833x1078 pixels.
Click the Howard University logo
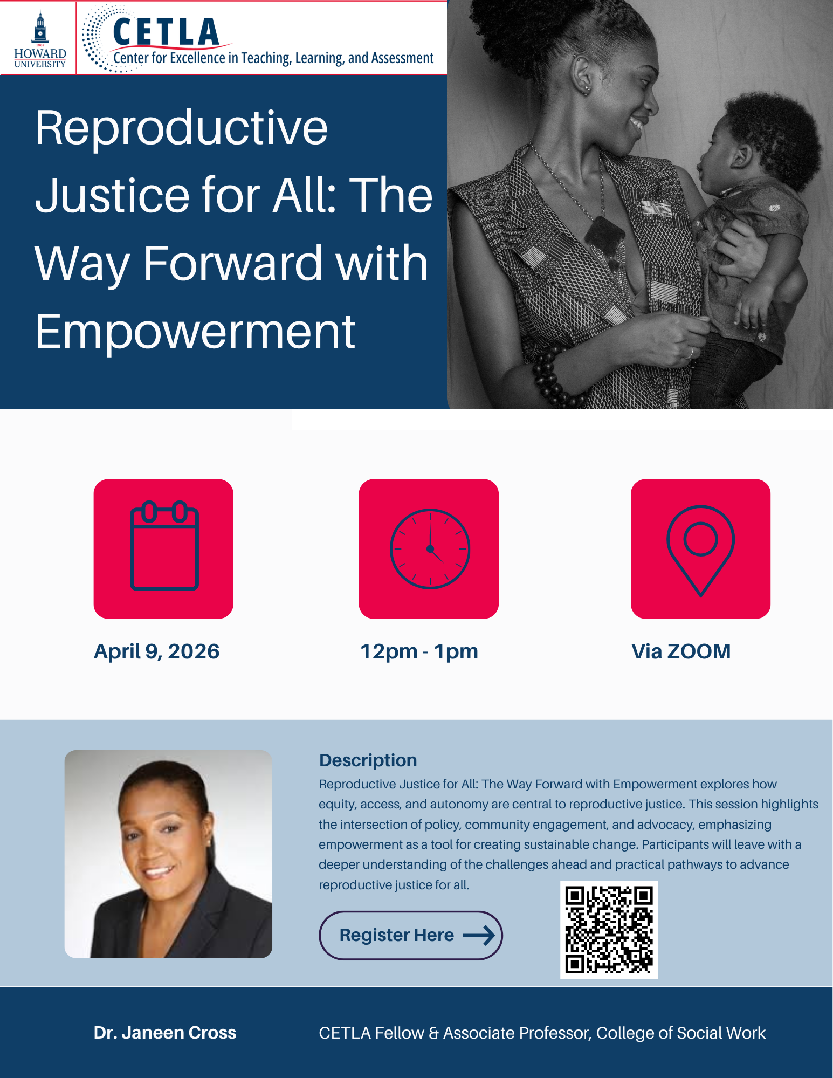point(40,39)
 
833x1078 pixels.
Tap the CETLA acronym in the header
point(166,32)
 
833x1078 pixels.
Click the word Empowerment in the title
point(195,331)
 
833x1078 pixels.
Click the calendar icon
point(164,546)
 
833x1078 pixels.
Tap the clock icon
point(430,548)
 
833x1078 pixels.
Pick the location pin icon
point(700,551)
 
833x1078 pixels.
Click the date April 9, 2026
point(157,651)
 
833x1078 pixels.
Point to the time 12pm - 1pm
point(419,651)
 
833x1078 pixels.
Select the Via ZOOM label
point(681,651)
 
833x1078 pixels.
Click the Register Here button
point(411,935)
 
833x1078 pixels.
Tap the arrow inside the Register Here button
point(479,935)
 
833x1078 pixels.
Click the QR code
point(609,930)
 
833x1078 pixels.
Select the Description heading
point(368,760)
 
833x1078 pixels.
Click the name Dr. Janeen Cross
point(165,1032)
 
